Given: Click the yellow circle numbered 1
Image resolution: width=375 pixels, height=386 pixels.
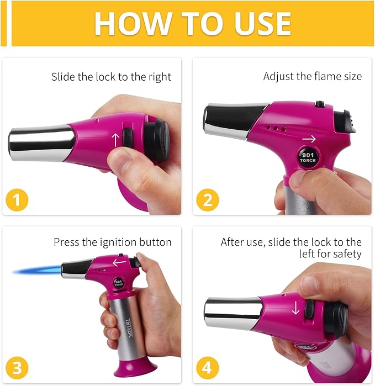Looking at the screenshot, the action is [17, 200].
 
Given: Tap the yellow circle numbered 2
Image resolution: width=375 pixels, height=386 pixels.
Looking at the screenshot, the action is [208, 200].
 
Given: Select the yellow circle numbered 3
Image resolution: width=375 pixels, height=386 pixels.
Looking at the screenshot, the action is [17, 368].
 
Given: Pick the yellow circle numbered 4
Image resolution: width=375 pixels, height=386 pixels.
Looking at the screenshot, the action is [208, 368].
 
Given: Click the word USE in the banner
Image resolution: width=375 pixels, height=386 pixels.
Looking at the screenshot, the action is [263, 23].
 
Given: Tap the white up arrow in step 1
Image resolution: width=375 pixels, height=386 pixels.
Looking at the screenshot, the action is [115, 140].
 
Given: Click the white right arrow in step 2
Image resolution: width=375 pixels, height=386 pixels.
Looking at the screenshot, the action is [309, 139].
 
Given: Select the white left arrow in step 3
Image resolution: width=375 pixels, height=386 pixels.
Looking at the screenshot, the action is [119, 262].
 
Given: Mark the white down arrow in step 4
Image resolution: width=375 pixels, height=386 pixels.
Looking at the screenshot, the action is [295, 308].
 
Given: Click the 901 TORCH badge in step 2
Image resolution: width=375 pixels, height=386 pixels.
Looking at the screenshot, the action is [308, 157].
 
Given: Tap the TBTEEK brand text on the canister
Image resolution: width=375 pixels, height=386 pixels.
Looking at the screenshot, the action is [129, 328].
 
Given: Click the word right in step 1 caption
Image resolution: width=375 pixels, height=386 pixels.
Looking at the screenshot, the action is [160, 77].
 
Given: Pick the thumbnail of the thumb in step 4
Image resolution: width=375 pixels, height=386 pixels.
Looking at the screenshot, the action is [311, 285].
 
